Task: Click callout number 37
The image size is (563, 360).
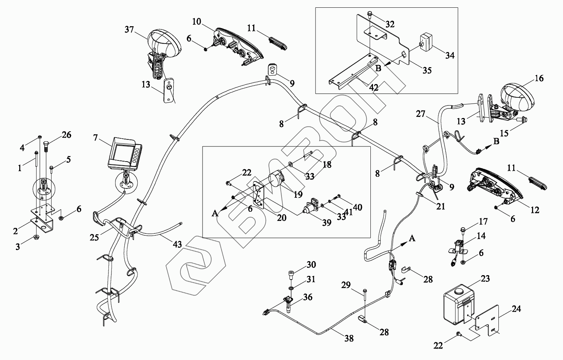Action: coord(129,30)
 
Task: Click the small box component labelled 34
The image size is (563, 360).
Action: coord(427,42)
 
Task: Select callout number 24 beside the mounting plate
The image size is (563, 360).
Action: coord(516,309)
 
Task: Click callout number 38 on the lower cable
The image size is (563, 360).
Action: coord(349,338)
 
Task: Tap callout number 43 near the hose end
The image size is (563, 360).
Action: coord(177,244)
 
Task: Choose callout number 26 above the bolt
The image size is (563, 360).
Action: coord(66,135)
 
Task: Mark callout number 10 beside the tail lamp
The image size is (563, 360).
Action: coord(197,22)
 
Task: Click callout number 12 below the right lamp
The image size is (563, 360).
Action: coord(535,210)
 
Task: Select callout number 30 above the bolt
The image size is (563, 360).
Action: coord(311,265)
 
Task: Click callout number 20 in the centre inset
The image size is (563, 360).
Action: coord(281,218)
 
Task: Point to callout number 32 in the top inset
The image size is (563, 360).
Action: coord(390,24)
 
